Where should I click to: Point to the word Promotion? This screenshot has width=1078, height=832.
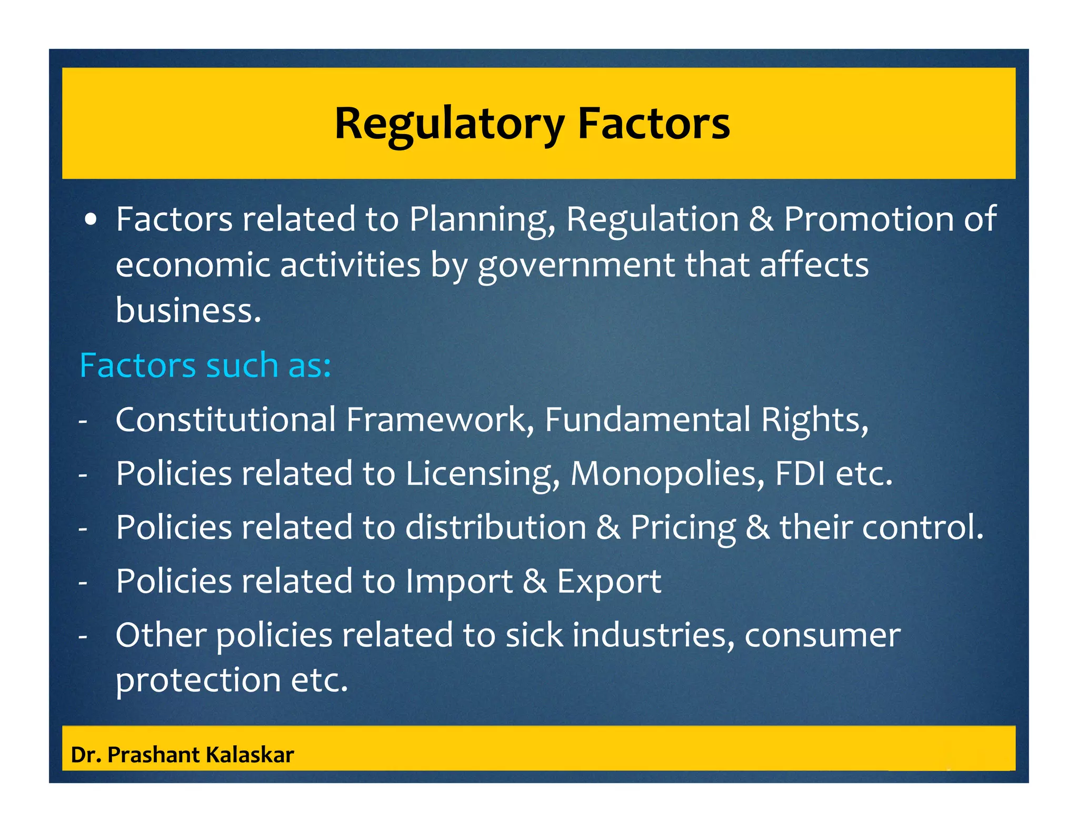tap(869, 219)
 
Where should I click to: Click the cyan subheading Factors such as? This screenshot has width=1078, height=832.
tap(205, 365)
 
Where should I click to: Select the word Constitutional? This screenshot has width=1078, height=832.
tap(226, 420)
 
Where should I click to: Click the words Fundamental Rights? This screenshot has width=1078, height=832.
tap(706, 420)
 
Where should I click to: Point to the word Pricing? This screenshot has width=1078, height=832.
tap(683, 527)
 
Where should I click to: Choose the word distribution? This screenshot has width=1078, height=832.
tap(495, 527)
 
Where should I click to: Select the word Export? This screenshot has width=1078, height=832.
tap(609, 581)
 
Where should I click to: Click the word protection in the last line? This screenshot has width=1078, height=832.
tap(198, 679)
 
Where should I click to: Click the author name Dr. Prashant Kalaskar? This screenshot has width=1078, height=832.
tap(182, 755)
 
